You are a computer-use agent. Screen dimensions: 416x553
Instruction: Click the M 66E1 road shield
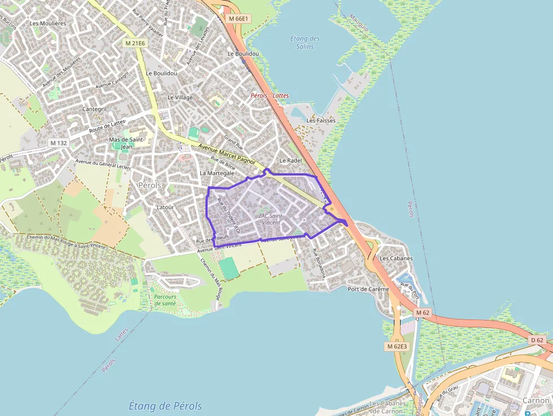click(239, 19)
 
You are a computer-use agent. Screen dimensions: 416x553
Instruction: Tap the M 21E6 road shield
click(135, 43)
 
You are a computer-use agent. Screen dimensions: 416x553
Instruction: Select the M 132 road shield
click(58, 143)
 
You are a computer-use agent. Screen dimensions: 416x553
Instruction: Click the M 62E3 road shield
click(397, 346)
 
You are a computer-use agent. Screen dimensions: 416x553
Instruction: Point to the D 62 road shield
click(537, 340)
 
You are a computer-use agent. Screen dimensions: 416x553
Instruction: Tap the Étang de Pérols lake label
click(165, 406)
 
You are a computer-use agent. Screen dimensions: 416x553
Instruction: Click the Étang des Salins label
click(305, 42)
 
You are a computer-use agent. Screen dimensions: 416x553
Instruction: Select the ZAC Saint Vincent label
click(270, 219)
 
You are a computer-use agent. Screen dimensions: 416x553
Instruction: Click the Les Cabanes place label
click(396, 259)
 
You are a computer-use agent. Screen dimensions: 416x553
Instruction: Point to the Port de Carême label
click(368, 289)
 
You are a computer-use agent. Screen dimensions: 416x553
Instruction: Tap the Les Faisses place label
click(321, 120)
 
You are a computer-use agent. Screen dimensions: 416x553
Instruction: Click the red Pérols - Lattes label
click(270, 95)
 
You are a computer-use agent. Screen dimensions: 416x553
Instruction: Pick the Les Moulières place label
click(47, 23)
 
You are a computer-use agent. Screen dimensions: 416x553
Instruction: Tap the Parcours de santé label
click(164, 300)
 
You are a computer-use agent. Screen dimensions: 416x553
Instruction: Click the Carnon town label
click(536, 400)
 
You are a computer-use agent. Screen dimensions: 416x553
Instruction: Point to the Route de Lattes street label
click(107, 126)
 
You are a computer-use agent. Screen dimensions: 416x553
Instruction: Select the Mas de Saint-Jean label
click(127, 143)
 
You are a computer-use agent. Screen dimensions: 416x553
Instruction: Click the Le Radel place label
click(291, 160)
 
